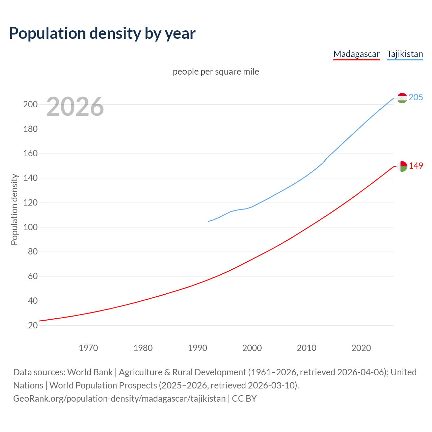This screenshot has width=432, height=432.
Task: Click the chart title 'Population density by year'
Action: [102, 33]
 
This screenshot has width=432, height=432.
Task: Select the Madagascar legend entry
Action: [356, 54]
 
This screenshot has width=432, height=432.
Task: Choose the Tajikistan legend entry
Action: [405, 54]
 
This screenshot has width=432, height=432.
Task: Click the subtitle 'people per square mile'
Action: [216, 72]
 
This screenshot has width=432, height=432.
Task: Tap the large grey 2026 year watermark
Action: [75, 107]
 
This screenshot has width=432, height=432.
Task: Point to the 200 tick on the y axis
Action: [30, 104]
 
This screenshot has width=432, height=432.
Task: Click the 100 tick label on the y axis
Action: [30, 227]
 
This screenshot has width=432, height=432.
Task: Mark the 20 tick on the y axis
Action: [32, 325]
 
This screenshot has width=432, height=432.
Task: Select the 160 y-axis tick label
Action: [30, 154]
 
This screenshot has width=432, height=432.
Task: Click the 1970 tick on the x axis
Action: [88, 348]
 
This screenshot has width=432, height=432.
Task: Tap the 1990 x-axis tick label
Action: [197, 348]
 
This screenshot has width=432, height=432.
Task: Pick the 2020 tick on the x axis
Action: [361, 348]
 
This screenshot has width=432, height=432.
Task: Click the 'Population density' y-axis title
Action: [14, 209]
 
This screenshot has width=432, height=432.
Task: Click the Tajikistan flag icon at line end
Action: [402, 98]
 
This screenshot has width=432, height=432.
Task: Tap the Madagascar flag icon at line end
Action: [402, 166]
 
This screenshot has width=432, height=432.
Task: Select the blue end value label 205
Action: [415, 97]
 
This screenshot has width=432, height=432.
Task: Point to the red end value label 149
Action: [416, 166]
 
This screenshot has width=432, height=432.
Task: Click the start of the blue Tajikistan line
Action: [209, 221]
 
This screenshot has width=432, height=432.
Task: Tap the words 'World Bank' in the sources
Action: [90, 372]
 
